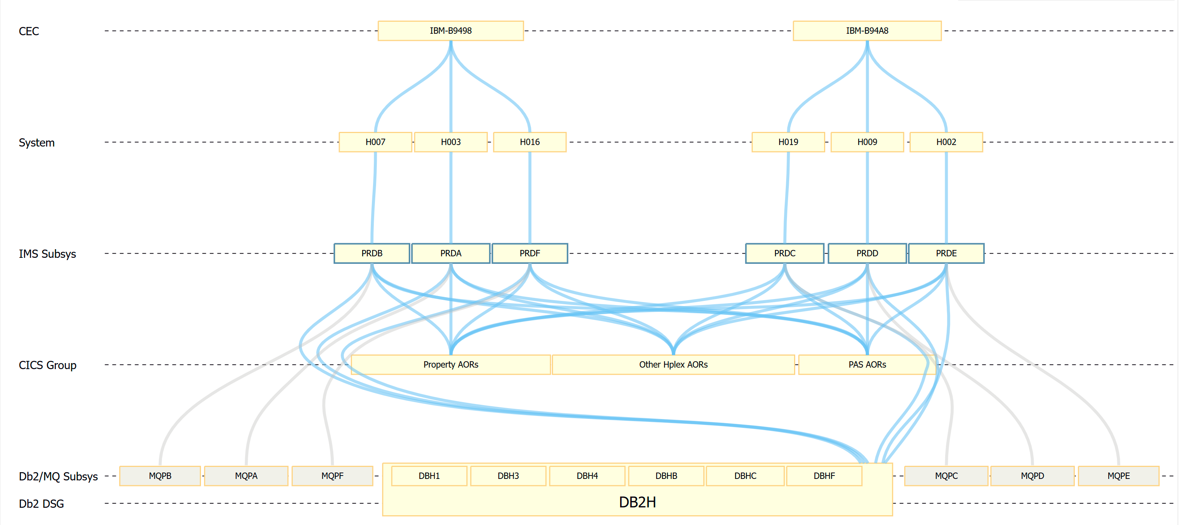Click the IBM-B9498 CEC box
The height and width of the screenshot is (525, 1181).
pos(450,31)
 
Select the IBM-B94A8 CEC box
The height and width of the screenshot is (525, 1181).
pos(866,31)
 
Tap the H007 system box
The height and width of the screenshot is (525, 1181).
pos(375,142)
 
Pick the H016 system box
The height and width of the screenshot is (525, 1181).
pos(529,142)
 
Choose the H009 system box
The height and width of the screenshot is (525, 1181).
pos(866,142)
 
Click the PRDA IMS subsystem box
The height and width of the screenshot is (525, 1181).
pos(450,253)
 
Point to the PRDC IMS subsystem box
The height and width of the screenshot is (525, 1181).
pos(784,253)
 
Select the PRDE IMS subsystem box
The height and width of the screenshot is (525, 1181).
pos(946,253)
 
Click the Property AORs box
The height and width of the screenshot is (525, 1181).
pos(450,365)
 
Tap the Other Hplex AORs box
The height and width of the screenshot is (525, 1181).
pos(673,365)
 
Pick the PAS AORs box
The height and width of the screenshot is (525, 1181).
pos(866,365)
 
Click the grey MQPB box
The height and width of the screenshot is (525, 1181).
pos(160,476)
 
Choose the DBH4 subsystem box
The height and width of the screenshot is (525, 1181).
pos(587,476)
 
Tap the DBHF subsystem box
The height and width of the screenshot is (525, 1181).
pos(824,476)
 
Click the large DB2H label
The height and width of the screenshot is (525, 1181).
pos(637,502)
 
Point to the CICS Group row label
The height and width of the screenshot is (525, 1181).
pos(47,365)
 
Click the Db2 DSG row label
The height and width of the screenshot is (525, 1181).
pos(41,504)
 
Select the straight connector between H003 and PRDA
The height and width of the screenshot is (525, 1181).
pos(451,197)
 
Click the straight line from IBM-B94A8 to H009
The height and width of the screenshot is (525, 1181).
pos(867,92)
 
